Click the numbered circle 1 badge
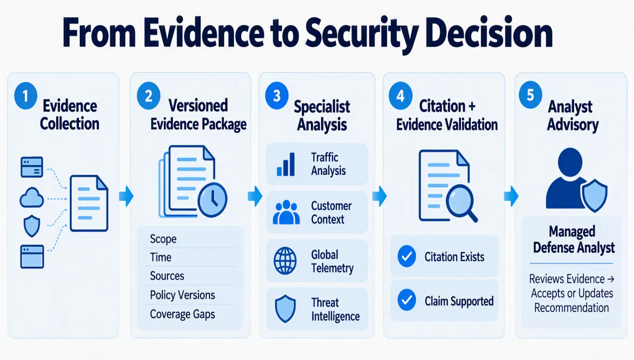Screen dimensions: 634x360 26,96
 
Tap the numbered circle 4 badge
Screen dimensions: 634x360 400,96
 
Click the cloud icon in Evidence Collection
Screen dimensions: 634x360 32,198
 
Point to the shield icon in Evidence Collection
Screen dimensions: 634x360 32,226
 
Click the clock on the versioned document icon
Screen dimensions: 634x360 212,200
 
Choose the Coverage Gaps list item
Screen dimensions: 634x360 182,314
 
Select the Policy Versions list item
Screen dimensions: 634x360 182,295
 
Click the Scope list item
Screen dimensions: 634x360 163,239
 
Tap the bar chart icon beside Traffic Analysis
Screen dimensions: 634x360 286,164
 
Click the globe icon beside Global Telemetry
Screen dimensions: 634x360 285,261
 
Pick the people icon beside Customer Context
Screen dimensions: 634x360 286,212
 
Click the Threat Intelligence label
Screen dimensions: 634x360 336,309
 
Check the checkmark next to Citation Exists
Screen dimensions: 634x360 407,256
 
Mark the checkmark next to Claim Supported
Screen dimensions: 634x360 407,300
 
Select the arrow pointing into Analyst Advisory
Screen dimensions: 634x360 511,196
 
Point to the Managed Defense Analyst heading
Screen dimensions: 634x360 573,239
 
